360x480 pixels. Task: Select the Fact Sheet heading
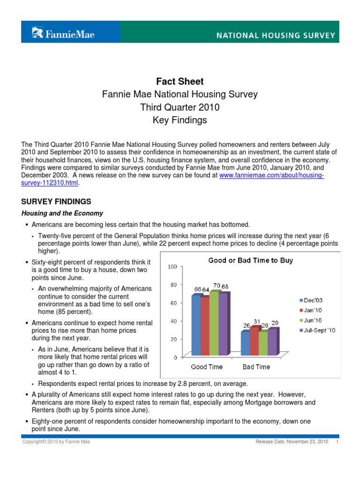[x=180, y=82]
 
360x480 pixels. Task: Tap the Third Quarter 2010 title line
[x=180, y=107]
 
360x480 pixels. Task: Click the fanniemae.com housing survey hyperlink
[x=271, y=175]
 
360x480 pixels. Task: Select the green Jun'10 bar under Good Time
[x=215, y=323]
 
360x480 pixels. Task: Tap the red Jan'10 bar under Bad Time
[x=254, y=341]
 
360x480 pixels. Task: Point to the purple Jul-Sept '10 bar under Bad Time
[x=272, y=342]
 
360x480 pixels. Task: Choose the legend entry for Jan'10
[x=311, y=310]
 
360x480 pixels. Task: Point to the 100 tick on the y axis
[x=172, y=267]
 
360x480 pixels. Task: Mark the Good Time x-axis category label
[x=207, y=367]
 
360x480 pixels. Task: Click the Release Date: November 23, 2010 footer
[x=292, y=442]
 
